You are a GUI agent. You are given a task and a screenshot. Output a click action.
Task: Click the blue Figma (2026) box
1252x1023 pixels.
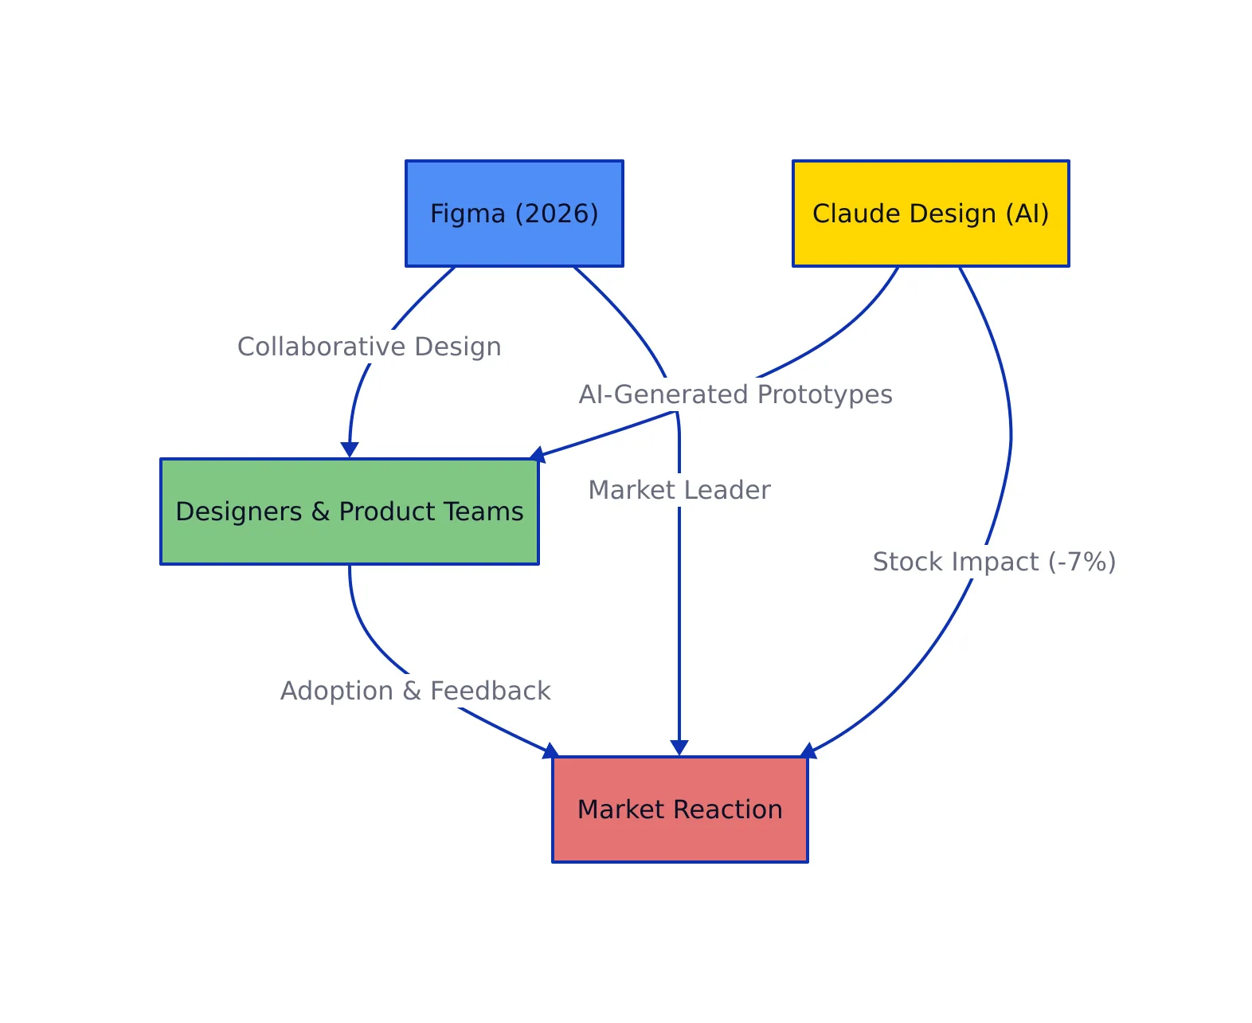514,214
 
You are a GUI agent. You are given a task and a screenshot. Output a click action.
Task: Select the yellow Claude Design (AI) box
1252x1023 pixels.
930,214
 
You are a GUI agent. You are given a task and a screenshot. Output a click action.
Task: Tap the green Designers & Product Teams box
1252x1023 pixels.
349,511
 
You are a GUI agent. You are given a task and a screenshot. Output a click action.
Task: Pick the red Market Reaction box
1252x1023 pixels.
679,809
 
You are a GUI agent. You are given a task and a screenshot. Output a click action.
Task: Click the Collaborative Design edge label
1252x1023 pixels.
370,347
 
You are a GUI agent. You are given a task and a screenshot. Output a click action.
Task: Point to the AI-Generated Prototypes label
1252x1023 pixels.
735,394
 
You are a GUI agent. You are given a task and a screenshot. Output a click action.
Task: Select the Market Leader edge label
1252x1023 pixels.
679,490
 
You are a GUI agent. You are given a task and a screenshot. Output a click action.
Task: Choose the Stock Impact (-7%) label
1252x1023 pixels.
994,562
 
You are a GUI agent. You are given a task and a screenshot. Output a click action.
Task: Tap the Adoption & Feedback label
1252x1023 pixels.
415,691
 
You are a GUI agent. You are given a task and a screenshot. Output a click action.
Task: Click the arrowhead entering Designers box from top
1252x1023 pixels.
350,450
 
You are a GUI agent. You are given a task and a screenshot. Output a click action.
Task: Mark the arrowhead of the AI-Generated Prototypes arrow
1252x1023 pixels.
538,455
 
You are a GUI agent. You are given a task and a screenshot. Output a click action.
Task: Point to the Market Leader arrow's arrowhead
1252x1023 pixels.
679,747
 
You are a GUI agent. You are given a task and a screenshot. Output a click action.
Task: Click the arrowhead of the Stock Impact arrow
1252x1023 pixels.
808,751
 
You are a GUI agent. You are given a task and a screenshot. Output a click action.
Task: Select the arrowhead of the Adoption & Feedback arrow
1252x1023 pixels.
550,751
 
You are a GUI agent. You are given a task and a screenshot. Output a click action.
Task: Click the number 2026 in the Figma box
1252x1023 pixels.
557,214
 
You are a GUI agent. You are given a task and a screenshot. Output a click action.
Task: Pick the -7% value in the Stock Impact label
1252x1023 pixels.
1082,562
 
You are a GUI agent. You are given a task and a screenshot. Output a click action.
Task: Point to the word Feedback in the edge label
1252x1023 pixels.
491,691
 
